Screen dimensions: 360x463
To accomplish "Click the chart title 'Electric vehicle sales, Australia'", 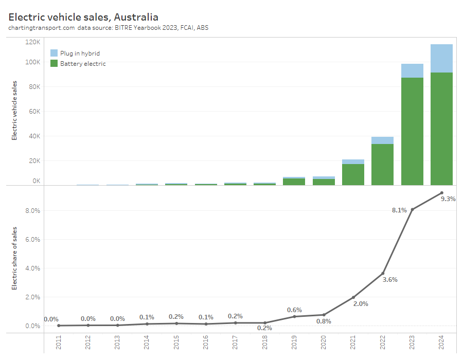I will (83, 17).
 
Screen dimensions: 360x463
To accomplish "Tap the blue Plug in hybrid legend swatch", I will (54, 53).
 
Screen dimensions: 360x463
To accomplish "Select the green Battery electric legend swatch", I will (54, 63).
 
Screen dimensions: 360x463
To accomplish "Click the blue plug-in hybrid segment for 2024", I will (441, 58).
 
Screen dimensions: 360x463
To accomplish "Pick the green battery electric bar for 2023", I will (412, 131).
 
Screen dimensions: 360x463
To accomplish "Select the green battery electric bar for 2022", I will (382, 165).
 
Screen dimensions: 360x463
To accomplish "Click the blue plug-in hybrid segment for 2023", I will (412, 70).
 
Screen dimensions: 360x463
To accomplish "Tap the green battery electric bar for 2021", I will (353, 174).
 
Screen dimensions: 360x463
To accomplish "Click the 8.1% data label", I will (399, 210).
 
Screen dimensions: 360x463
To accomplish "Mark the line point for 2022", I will (383, 273).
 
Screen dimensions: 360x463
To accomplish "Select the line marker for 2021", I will (353, 297).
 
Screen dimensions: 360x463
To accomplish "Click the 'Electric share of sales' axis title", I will (14, 258).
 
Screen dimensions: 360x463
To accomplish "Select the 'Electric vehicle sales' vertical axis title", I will (14, 110).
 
